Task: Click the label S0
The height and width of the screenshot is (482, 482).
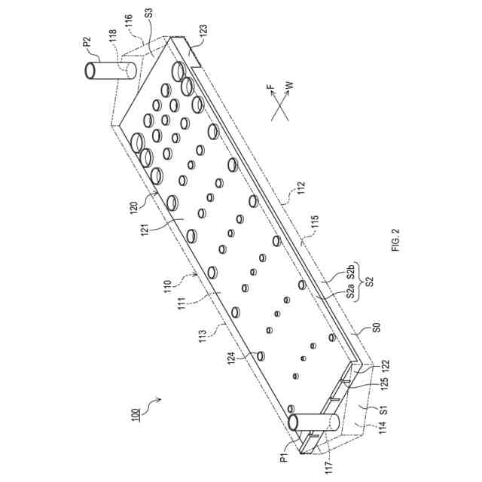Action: tap(375, 328)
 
